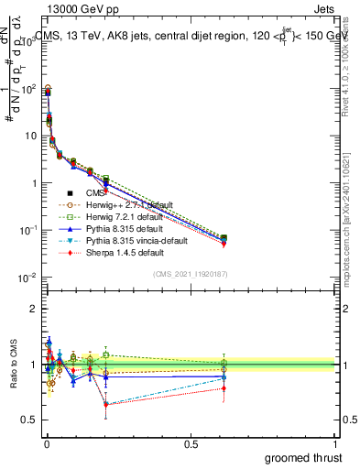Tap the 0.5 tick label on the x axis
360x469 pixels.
click(x=191, y=444)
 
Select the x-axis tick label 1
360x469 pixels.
click(x=336, y=444)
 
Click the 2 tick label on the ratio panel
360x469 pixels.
click(x=32, y=309)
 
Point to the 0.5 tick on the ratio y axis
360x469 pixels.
click(x=27, y=420)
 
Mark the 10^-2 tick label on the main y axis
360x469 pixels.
click(x=26, y=278)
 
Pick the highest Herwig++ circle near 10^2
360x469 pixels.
click(x=48, y=89)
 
